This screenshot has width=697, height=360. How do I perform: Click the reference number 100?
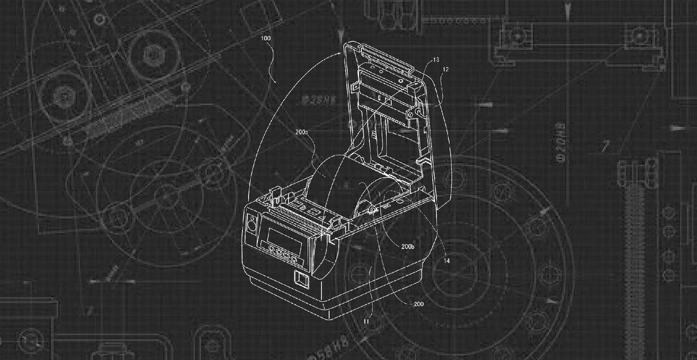267,38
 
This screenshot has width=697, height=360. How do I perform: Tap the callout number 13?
436,59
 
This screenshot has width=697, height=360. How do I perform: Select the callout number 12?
445,69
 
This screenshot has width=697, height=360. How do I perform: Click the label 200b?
407,246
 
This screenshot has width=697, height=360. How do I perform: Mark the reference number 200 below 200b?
419,303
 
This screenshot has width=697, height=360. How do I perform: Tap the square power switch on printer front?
300,280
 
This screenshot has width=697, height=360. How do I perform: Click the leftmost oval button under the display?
271,249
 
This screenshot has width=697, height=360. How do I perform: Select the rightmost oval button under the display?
294,258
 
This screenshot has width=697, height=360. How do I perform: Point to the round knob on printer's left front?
252,224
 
